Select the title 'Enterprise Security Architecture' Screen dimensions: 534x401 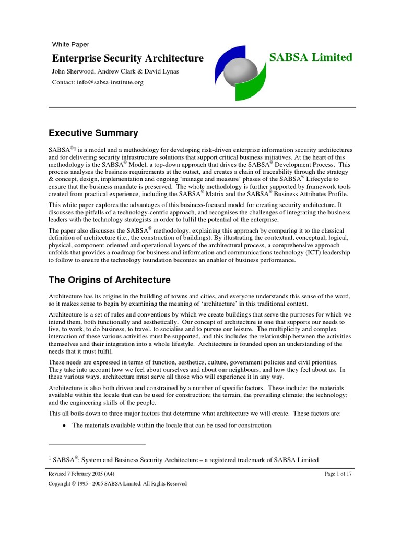click(127, 58)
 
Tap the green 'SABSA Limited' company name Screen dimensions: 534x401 click(311, 57)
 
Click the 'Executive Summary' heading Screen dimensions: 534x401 click(93, 132)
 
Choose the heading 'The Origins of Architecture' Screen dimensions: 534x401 click(110, 280)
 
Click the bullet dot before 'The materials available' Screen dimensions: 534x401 click(64, 426)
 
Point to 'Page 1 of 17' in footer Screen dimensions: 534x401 click(340, 474)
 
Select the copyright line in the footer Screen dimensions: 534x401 click(117, 484)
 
